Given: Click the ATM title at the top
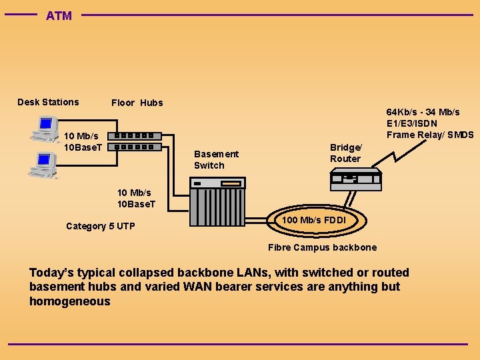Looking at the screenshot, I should point(59,16).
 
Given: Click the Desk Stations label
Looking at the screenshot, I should point(48,102).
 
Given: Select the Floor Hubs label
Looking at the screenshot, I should point(137,103).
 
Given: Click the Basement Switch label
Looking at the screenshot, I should point(216,159).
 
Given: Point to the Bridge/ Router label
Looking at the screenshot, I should point(345,153).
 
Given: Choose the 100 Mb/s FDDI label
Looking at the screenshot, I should point(314,220).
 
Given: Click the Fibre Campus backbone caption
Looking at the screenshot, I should point(322,247).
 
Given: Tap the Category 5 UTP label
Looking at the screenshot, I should point(101,226).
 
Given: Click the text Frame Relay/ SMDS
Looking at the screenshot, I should point(430,135).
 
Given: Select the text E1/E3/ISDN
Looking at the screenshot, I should point(412,123).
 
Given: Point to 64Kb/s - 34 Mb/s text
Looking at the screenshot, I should point(423,112).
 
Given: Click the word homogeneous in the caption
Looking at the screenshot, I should point(70,301).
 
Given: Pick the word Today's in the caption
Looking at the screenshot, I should point(51,273).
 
